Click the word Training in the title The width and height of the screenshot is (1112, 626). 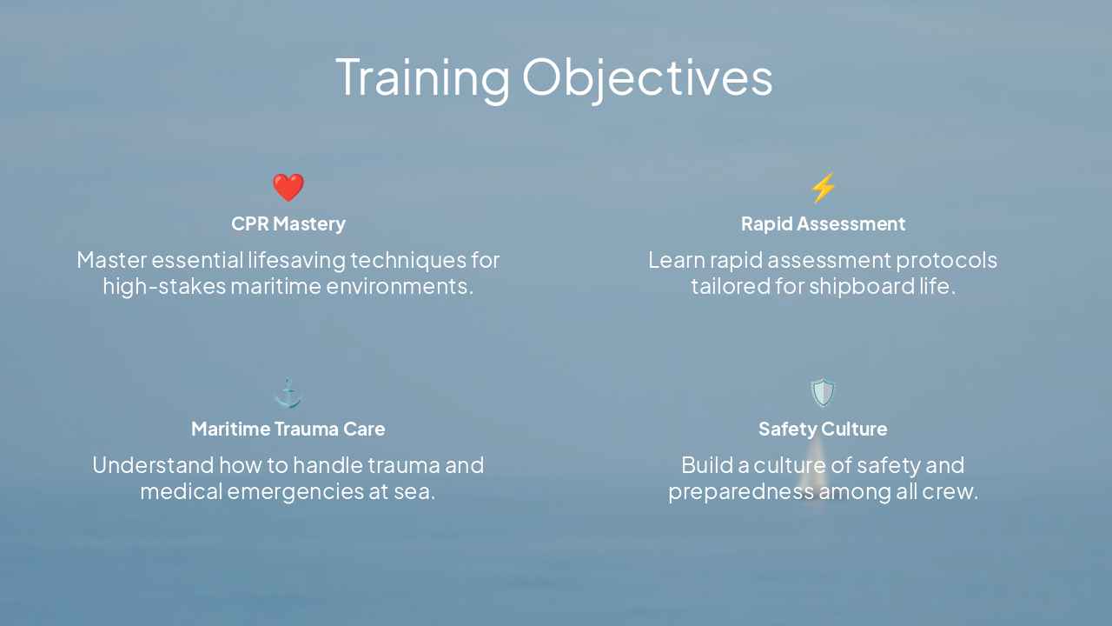click(422, 77)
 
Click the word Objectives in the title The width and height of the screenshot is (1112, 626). click(646, 77)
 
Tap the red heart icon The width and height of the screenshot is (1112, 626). click(288, 187)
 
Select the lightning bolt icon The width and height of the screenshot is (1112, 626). click(823, 187)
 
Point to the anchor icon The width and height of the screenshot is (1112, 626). click(288, 393)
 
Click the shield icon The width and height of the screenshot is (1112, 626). click(823, 393)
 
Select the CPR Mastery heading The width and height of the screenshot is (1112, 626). click(288, 223)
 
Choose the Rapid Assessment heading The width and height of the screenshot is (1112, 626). click(823, 223)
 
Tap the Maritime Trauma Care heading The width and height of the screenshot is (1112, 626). click(288, 429)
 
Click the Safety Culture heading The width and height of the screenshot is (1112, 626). click(823, 429)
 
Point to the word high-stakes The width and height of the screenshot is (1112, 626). click(163, 286)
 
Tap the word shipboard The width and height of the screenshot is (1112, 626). click(862, 286)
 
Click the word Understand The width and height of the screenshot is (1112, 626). click(153, 465)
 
